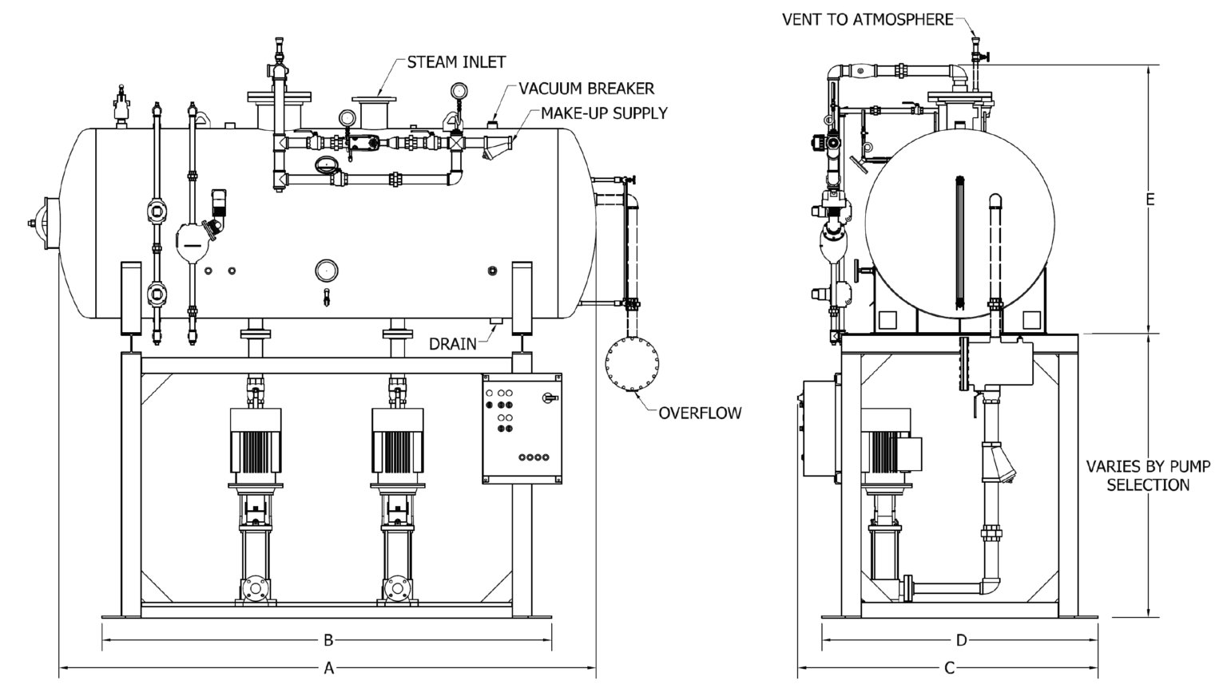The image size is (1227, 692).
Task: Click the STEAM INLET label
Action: point(456,61)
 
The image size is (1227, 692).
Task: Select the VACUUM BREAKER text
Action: point(586,88)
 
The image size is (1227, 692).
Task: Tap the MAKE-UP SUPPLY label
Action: point(604,113)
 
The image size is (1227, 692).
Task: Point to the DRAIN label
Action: point(453,344)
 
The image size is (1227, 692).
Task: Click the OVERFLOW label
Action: point(700,413)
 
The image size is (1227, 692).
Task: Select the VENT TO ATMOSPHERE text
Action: point(868,19)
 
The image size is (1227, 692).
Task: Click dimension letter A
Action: point(328,669)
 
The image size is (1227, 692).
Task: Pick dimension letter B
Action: point(328,640)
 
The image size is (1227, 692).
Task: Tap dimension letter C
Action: point(950,668)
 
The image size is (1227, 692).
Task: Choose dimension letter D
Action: point(962,640)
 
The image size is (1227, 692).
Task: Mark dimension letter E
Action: point(1150,200)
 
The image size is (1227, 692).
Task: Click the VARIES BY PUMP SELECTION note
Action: point(1148,475)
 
